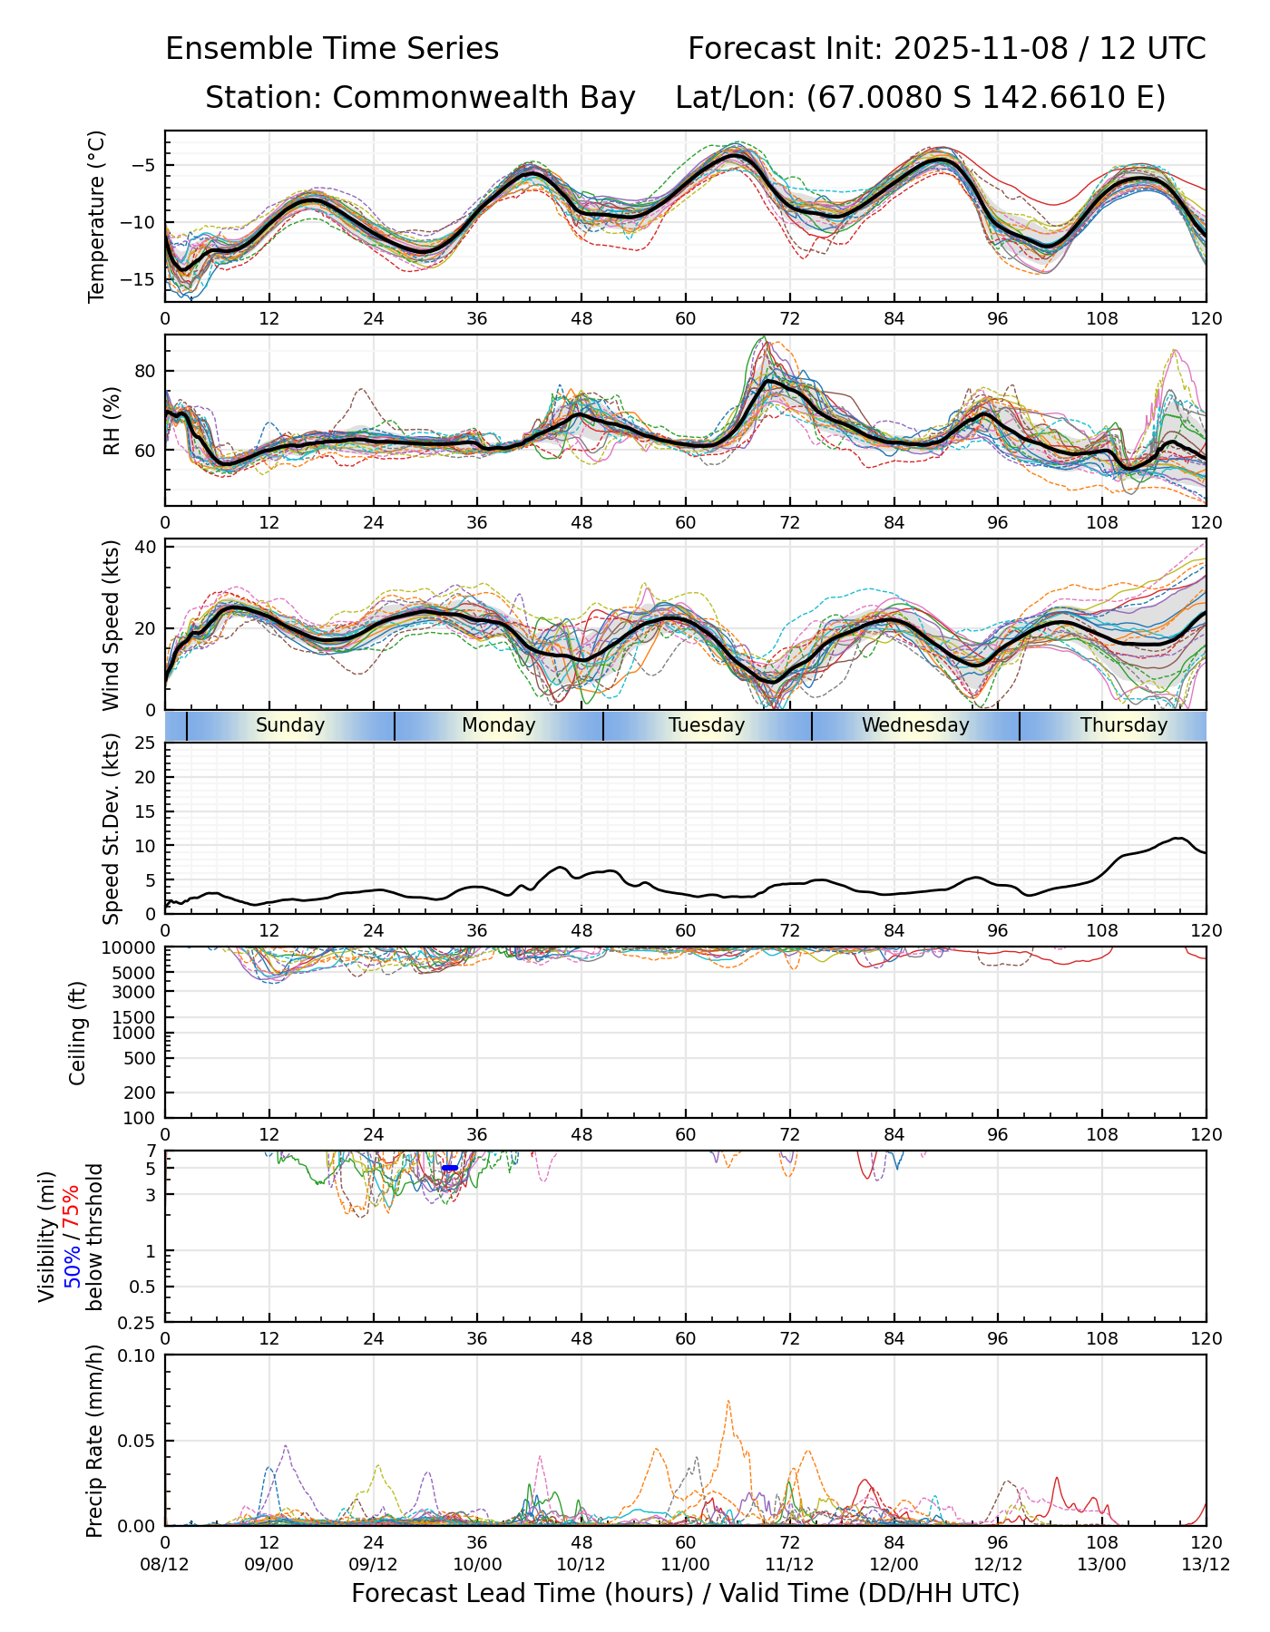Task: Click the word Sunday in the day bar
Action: [289, 725]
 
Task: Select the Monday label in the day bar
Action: [498, 725]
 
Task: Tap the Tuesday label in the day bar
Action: [707, 725]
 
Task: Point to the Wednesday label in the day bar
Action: [915, 725]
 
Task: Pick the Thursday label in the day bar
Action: [1124, 725]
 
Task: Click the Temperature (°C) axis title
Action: [97, 216]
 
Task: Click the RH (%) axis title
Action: [112, 420]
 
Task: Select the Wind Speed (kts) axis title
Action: [112, 625]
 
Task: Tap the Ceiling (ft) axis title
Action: [78, 1033]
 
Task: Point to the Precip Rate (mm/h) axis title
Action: [94, 1441]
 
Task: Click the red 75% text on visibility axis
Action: [73, 1206]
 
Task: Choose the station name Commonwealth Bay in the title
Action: [484, 98]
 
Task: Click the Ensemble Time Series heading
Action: [332, 49]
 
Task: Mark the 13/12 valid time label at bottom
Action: [1206, 1565]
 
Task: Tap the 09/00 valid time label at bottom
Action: [269, 1565]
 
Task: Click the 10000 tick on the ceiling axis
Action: [132, 948]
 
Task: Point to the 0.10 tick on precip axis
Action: [137, 1355]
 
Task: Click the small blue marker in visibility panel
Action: [449, 1168]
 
